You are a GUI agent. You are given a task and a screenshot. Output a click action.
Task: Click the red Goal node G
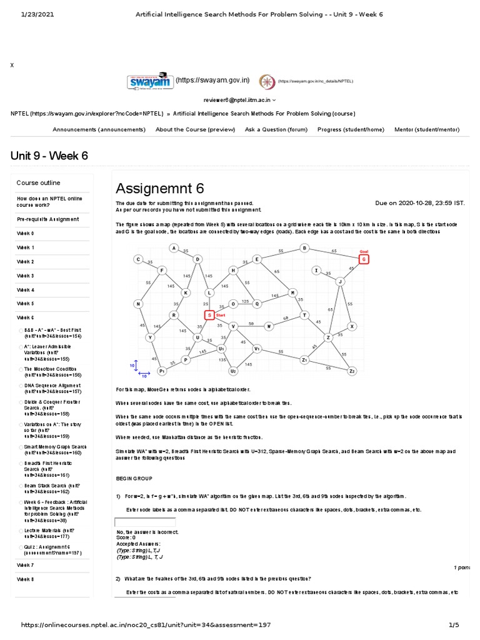[x=364, y=259]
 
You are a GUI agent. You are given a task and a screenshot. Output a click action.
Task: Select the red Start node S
[x=209, y=315]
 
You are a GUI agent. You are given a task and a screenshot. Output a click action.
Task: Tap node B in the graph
[x=304, y=248]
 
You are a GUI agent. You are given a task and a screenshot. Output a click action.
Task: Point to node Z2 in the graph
[x=352, y=371]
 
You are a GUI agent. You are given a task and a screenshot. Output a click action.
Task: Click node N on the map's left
[x=137, y=304]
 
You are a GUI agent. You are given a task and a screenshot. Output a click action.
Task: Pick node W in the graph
[x=269, y=326]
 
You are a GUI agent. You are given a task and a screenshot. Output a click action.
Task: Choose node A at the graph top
[x=174, y=248]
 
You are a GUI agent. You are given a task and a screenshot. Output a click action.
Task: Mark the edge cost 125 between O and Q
[x=245, y=301]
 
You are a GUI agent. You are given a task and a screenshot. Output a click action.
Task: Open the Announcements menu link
[x=99, y=129]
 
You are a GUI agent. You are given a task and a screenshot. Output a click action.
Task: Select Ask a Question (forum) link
[x=276, y=129]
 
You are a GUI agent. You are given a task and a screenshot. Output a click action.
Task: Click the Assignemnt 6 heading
[x=160, y=188]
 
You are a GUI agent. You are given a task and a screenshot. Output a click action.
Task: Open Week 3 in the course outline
[x=26, y=276]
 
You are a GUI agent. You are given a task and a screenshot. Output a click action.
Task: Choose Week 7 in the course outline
[x=26, y=565]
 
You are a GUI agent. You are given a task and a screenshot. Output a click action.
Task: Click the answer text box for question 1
[x=144, y=522]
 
